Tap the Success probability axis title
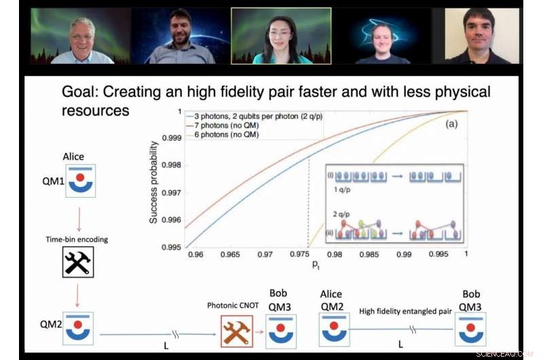click(x=155, y=182)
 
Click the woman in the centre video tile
click(x=280, y=37)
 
